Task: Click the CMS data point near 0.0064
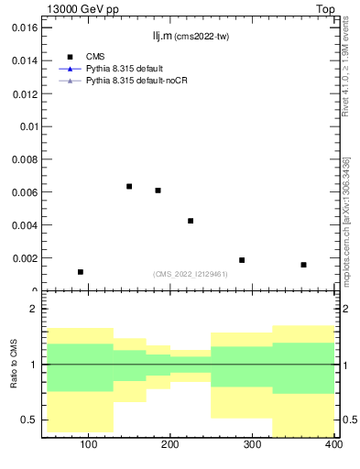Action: pos(129,187)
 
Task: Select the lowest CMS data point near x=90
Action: pos(81,272)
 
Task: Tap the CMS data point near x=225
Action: pos(191,221)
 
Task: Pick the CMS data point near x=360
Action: pos(303,265)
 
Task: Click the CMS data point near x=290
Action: pos(242,260)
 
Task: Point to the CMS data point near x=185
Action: pos(158,191)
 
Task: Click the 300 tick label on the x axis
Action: pos(252,445)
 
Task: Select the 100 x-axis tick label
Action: pos(88,445)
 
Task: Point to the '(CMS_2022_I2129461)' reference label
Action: pos(191,274)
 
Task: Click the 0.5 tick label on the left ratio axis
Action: pos(29,420)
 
